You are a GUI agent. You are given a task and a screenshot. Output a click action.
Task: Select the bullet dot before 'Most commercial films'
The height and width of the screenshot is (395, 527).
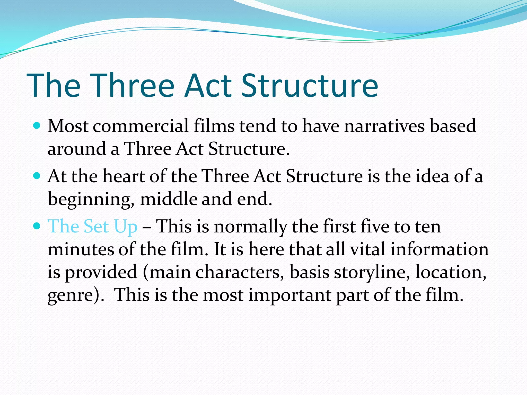click(x=37, y=126)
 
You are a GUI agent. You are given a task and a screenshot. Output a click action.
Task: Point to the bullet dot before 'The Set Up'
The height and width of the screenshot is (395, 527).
click(x=37, y=226)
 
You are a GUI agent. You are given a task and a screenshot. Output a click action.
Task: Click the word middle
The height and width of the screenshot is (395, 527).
click(x=168, y=199)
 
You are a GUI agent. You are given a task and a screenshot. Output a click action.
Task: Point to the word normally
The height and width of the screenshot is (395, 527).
click(x=251, y=227)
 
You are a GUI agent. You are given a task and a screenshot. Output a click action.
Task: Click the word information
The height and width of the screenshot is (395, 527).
click(x=440, y=249)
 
